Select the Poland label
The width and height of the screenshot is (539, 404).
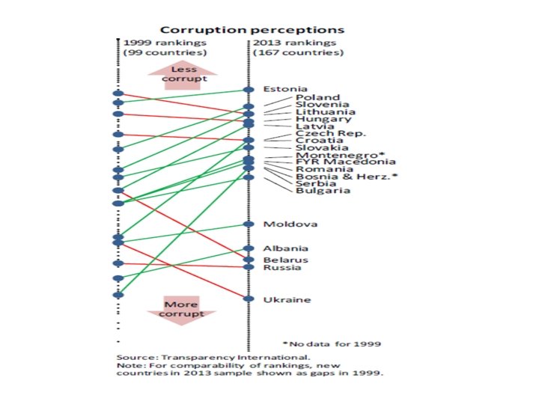tap(317, 97)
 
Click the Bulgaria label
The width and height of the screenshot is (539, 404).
tap(322, 191)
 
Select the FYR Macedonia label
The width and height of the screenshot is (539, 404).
tap(335, 162)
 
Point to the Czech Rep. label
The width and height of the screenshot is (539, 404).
tap(330, 133)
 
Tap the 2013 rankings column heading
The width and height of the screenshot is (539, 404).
tap(288, 48)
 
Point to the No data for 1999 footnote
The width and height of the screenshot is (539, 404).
tap(332, 344)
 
